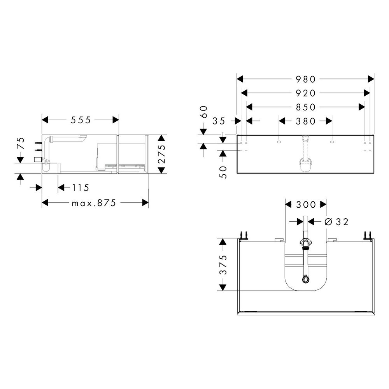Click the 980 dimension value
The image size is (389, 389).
pyautogui.click(x=305, y=79)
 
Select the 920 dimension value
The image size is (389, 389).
pyautogui.click(x=305, y=93)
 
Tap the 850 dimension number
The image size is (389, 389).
pyautogui.click(x=305, y=107)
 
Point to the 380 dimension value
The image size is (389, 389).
pyautogui.click(x=305, y=121)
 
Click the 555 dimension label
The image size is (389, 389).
pyautogui.click(x=81, y=120)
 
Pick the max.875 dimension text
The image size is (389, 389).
pyautogui.click(x=94, y=203)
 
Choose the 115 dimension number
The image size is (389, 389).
pyautogui.click(x=81, y=187)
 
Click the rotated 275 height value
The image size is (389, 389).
pyautogui.click(x=161, y=154)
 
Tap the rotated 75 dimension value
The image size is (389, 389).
pyautogui.click(x=21, y=143)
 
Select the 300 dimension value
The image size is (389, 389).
pyautogui.click(x=306, y=205)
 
